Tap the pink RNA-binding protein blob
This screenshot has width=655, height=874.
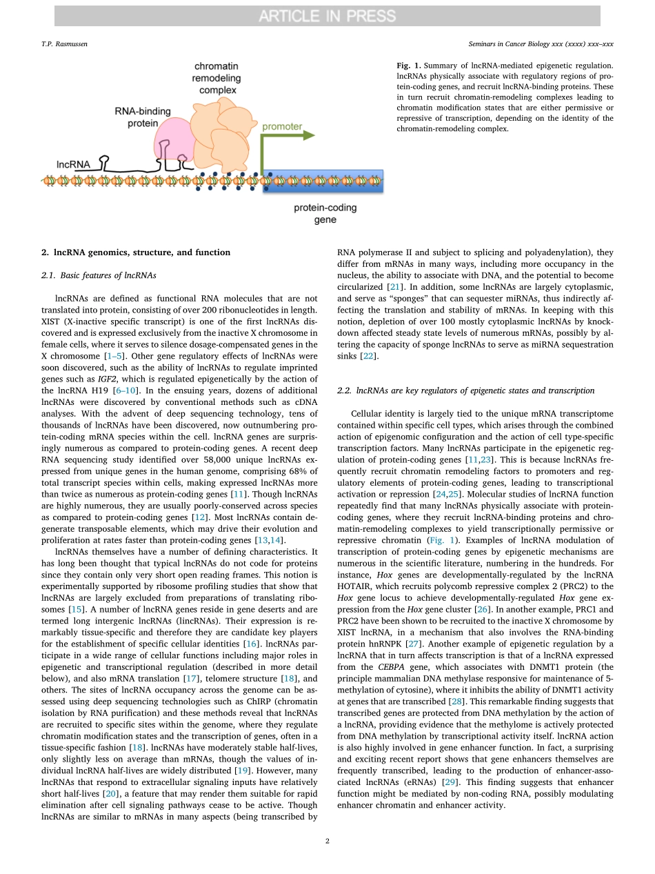pos(172,138)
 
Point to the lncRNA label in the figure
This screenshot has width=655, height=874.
pos(73,164)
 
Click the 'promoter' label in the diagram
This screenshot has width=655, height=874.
pos(282,127)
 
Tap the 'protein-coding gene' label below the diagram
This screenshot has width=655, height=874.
pos(325,214)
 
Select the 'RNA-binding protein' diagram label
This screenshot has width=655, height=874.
pos(143,117)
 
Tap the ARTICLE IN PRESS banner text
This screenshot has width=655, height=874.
pos(327,16)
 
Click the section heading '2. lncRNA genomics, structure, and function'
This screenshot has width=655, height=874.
pos(136,252)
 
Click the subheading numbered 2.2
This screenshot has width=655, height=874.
pos(465,390)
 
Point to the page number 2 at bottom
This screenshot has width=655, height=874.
pos(327,841)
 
